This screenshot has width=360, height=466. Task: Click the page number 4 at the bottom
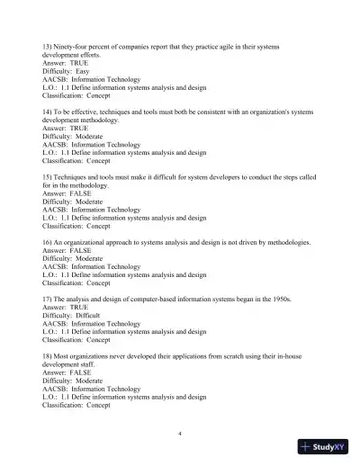[x=180, y=434]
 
